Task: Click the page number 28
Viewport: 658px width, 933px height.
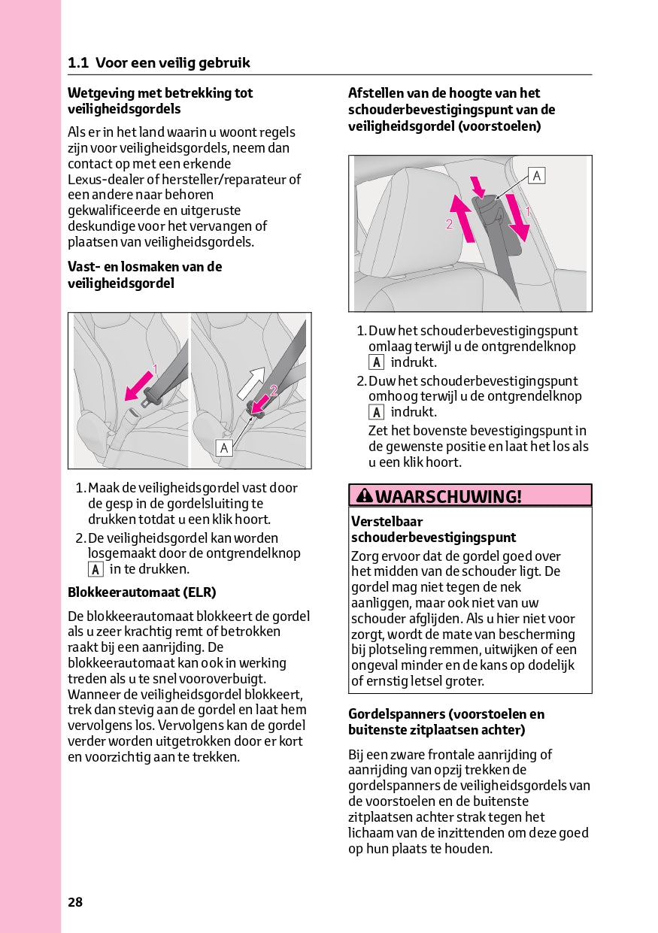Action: [x=75, y=902]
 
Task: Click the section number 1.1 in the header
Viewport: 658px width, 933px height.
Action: [x=78, y=63]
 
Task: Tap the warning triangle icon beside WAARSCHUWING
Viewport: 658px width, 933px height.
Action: [x=365, y=495]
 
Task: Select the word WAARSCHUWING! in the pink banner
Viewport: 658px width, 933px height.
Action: [x=448, y=496]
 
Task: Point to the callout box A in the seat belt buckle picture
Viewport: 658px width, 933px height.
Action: [x=224, y=448]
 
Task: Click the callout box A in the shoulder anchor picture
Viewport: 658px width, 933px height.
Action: [x=536, y=176]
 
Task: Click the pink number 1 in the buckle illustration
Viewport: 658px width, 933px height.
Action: [x=155, y=368]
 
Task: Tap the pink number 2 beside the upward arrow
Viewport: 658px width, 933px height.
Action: [x=449, y=224]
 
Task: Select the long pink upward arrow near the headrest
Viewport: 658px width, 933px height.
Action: [x=463, y=218]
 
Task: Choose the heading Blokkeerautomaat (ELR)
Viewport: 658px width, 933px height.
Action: [x=142, y=592]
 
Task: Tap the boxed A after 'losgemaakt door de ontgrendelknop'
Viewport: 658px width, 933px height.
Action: [x=96, y=569]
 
